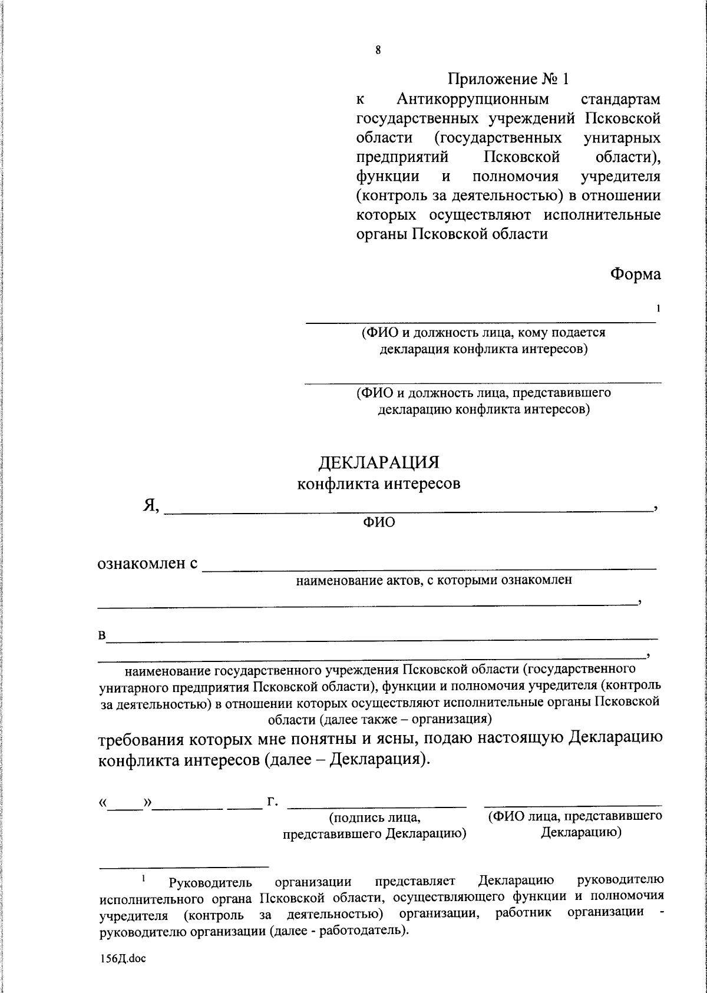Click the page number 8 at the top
(x=378, y=50)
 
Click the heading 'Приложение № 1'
(x=509, y=78)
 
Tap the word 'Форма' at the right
(x=635, y=274)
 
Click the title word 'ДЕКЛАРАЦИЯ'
(x=379, y=462)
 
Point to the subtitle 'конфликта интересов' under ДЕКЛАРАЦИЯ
(x=378, y=484)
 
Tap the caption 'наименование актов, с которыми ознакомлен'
(x=434, y=580)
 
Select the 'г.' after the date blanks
(x=273, y=802)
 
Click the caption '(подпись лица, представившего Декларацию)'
(x=375, y=826)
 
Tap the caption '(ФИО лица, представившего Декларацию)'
(x=574, y=825)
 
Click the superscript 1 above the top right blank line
(x=658, y=308)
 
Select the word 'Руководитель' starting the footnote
(x=210, y=883)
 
